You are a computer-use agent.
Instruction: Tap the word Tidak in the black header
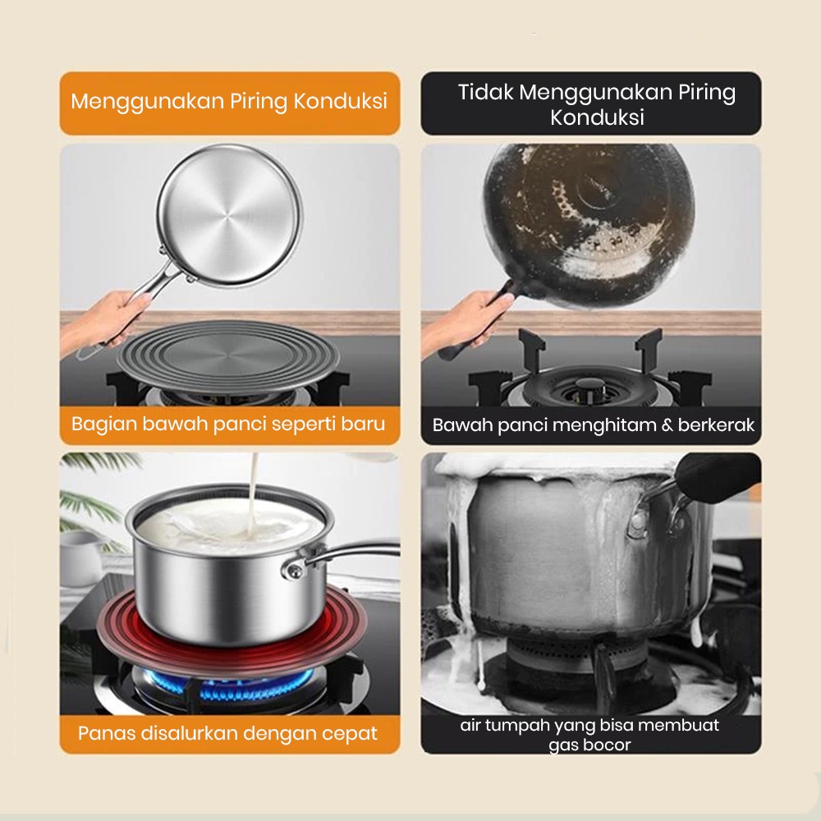(486, 92)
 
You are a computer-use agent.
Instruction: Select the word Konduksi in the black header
(597, 117)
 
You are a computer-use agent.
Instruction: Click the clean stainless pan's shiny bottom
(229, 215)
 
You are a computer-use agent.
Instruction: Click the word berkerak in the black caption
(716, 424)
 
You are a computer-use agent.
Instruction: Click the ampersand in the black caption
(667, 424)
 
